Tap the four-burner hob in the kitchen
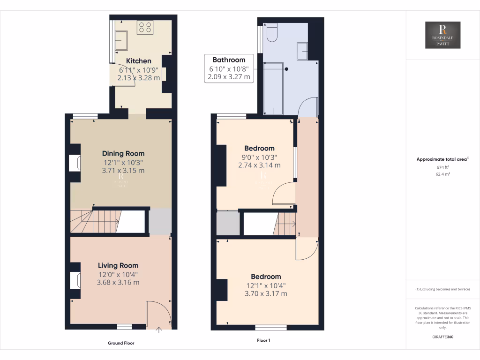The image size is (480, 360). tap(144, 28)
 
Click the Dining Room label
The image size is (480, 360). tap(123, 153)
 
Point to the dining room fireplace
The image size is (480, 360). tap(75, 163)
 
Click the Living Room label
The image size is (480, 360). tap(118, 265)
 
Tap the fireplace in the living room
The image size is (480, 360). tap(75, 280)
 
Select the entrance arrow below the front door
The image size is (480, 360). tap(158, 330)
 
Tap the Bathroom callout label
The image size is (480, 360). tap(229, 60)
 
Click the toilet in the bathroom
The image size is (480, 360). tap(272, 32)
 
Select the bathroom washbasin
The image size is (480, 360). tap(302, 50)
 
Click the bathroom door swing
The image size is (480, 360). tap(307, 107)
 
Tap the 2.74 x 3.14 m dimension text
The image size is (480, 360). tap(259, 165)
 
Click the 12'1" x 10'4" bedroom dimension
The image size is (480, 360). tap(266, 285)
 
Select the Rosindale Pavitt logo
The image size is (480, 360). tap(442, 35)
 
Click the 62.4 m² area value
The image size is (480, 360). tap(442, 173)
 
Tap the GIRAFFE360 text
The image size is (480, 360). tap(442, 337)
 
